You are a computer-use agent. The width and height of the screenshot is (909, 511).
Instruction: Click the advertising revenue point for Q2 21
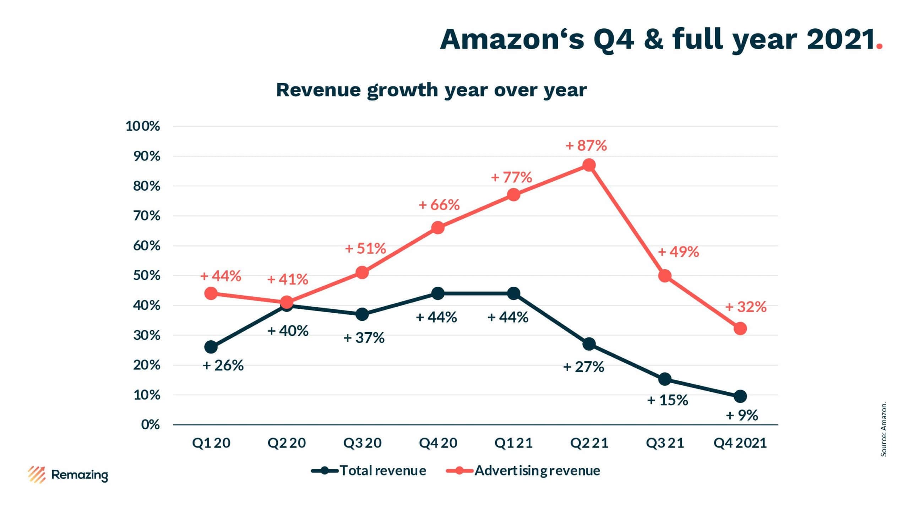coord(589,165)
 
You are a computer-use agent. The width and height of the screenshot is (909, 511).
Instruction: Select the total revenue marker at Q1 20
coord(211,347)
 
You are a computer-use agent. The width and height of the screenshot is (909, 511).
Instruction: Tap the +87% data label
coord(586,145)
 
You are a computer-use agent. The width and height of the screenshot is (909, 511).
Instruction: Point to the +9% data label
coord(742,415)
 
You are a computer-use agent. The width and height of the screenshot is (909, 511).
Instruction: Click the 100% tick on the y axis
coord(143,126)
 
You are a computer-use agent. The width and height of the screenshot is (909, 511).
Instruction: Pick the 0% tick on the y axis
coord(150,424)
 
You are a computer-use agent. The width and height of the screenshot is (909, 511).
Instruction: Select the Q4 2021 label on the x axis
coord(740,443)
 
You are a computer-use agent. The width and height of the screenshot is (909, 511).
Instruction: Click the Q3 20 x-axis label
coord(362,443)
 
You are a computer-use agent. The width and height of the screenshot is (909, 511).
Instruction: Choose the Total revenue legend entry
coord(369,471)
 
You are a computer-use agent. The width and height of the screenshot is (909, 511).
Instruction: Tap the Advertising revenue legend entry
coord(523,471)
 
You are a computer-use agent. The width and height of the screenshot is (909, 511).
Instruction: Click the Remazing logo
coord(68,475)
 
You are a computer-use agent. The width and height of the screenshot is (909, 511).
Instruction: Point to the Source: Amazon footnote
coord(884,429)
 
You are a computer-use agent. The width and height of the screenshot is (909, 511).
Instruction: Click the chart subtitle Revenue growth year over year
coord(431,90)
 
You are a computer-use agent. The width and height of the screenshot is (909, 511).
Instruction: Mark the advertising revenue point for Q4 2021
coord(740,329)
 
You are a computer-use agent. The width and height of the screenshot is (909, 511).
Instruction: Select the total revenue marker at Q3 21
coord(665,379)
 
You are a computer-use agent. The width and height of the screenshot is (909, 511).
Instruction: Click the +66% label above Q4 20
coord(439,205)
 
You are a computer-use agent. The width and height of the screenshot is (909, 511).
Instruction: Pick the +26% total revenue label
coord(223,366)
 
